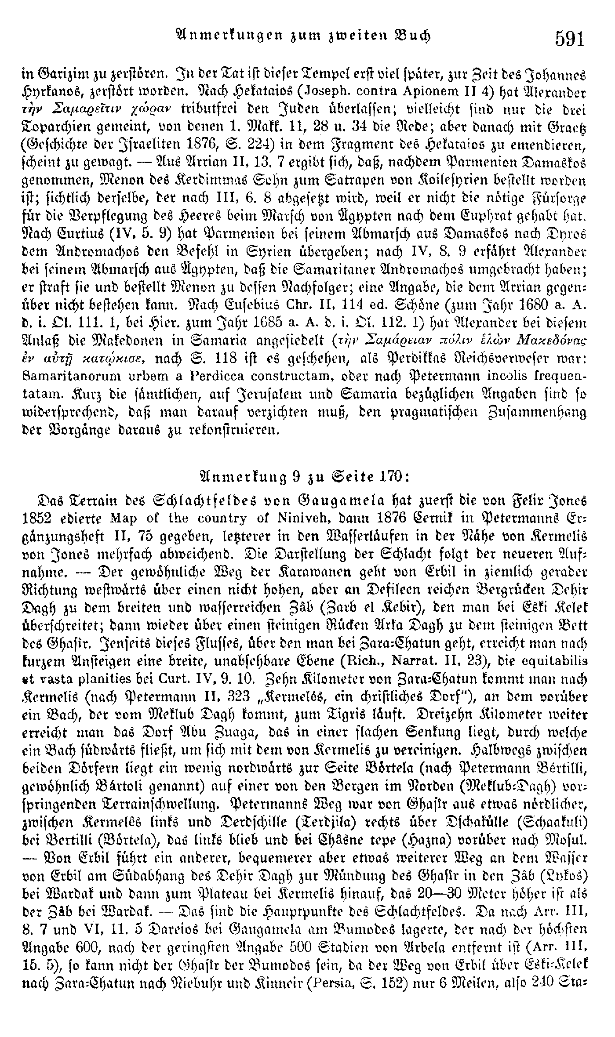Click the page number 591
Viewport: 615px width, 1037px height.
570,38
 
